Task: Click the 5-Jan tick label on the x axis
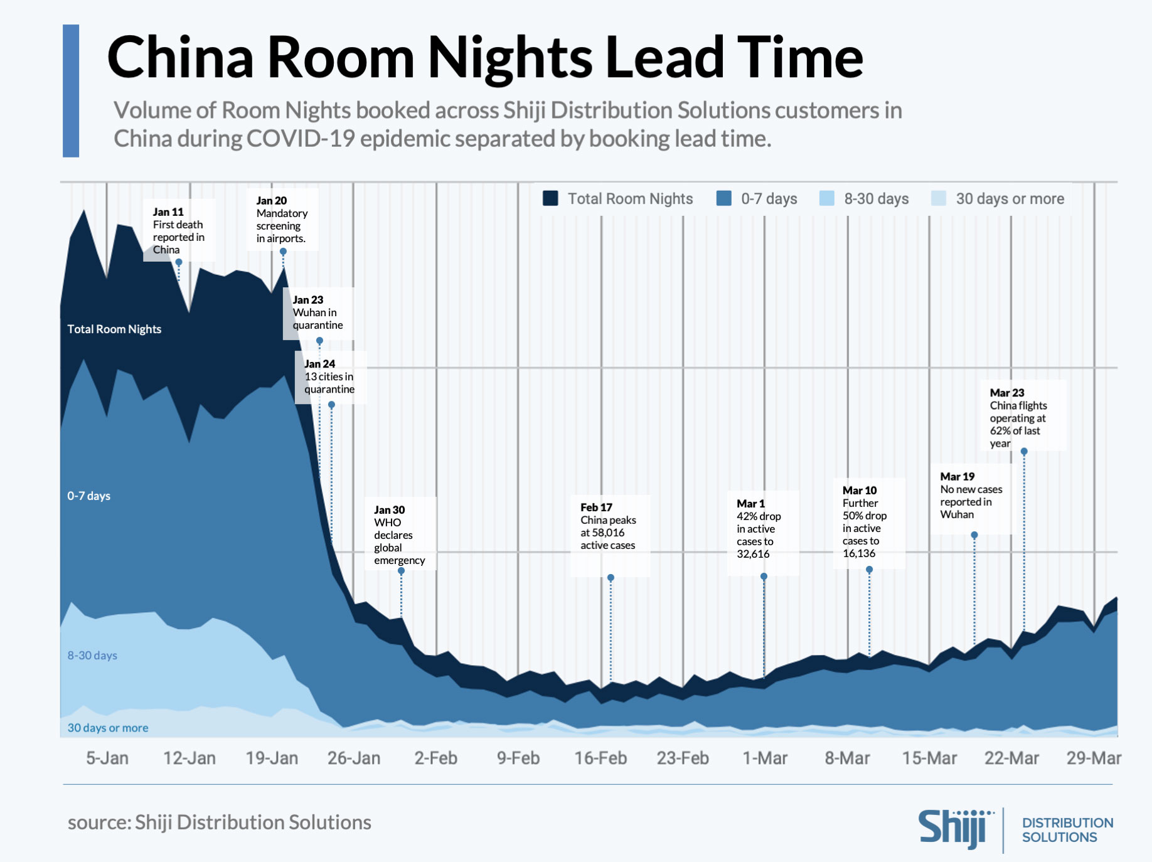[x=107, y=758]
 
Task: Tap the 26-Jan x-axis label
[x=354, y=758]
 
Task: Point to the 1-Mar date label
[x=765, y=758]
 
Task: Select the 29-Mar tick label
[x=1094, y=758]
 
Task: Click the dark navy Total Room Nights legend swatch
[x=550, y=198]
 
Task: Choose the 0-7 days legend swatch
[x=724, y=198]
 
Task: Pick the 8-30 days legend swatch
[x=827, y=198]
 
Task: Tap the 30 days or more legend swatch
[x=939, y=198]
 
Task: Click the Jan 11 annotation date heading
[x=168, y=212]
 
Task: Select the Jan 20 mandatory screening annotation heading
[x=271, y=201]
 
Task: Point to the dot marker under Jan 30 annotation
[x=402, y=571]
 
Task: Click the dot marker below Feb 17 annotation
[x=611, y=578]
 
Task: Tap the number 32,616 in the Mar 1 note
[x=753, y=554]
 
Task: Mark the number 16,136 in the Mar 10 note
[x=859, y=553]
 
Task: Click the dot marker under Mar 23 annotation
[x=1024, y=452]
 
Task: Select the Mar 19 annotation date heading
[x=957, y=477]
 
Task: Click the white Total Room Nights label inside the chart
[x=114, y=329]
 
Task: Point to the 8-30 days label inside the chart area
[x=92, y=656]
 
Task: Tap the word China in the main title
[x=180, y=58]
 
